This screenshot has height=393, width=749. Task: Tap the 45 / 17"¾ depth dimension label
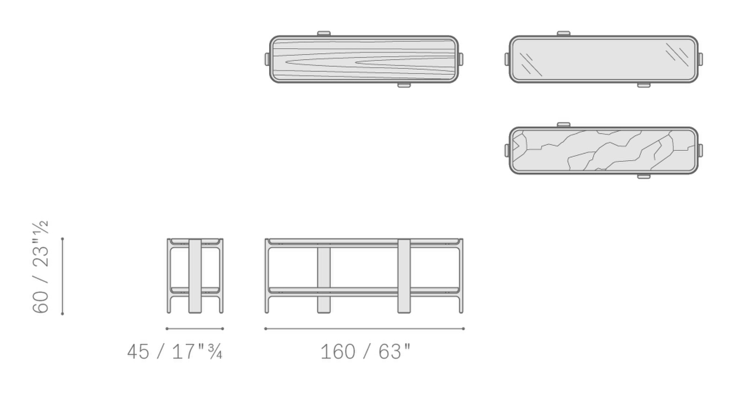click(x=174, y=352)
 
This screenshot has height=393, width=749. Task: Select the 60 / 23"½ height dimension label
click(x=40, y=267)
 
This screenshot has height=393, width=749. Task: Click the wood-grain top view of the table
click(x=364, y=59)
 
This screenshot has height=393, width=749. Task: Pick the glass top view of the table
click(x=603, y=59)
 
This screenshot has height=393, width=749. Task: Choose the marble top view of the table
click(x=603, y=150)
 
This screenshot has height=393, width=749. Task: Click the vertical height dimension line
click(x=62, y=276)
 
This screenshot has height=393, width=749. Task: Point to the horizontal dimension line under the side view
click(x=194, y=329)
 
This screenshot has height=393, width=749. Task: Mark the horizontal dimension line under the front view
click(x=364, y=329)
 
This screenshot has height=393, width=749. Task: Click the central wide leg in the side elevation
click(x=195, y=276)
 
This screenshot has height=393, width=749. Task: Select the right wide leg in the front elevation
click(x=404, y=276)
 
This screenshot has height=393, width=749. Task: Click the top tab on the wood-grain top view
click(x=324, y=33)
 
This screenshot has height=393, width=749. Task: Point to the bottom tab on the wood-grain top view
click(x=404, y=85)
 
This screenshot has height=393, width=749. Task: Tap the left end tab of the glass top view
click(x=507, y=59)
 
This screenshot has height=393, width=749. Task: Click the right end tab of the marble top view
click(x=700, y=150)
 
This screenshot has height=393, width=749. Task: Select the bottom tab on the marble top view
click(x=644, y=176)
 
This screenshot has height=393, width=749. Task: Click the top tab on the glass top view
click(x=563, y=33)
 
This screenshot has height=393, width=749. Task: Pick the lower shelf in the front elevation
click(x=364, y=290)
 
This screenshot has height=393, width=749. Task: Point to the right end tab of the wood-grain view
click(x=460, y=59)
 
